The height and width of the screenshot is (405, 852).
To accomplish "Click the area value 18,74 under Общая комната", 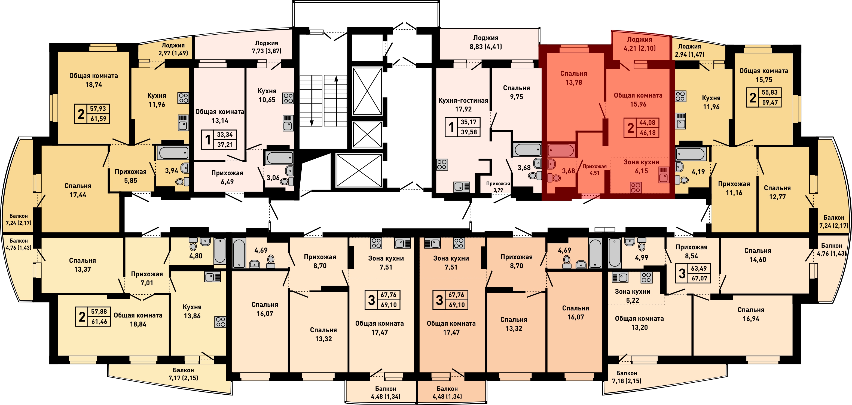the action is tap(94, 84).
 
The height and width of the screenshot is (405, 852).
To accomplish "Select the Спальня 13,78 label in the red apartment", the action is tap(573, 78).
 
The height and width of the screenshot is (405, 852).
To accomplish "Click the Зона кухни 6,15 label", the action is tap(641, 166).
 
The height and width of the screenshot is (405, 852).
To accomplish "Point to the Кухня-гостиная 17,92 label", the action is tap(463, 105).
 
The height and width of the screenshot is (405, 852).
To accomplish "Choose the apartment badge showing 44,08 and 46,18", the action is tap(641, 128).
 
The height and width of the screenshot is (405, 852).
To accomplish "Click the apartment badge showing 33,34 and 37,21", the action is tap(219, 140).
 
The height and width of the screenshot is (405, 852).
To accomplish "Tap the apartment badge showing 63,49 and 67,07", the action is tap(693, 273).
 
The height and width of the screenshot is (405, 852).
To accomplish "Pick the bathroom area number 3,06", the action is tap(273, 178).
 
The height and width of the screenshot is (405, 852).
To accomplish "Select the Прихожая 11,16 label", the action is tap(734, 188).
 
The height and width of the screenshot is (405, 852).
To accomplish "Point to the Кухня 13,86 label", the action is tap(192, 311).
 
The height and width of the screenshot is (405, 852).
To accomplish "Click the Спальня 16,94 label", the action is tap(751, 314).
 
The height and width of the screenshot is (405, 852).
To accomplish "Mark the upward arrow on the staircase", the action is tap(336, 101).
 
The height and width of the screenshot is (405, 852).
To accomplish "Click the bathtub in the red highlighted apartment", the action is tap(561, 151).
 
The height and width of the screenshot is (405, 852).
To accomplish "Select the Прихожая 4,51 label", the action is tap(594, 169).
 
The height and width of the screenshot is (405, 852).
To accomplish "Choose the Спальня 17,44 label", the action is tap(78, 190).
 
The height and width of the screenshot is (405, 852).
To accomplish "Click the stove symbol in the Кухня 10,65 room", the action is tap(288, 98).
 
